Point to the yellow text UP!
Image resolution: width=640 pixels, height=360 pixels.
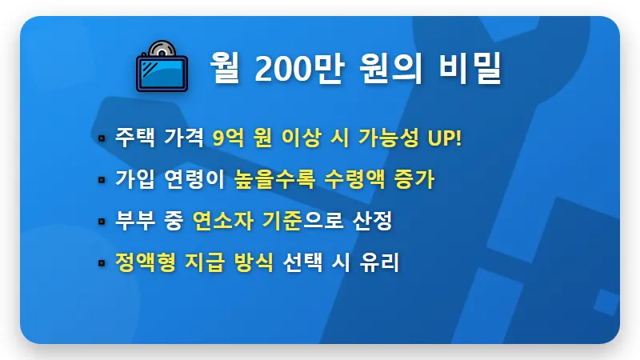click(445, 138)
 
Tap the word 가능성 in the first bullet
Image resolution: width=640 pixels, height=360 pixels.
click(388, 138)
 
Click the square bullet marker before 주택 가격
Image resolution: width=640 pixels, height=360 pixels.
click(102, 138)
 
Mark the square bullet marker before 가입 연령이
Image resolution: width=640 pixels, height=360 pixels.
click(102, 180)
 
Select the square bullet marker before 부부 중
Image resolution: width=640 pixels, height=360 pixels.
click(102, 222)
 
